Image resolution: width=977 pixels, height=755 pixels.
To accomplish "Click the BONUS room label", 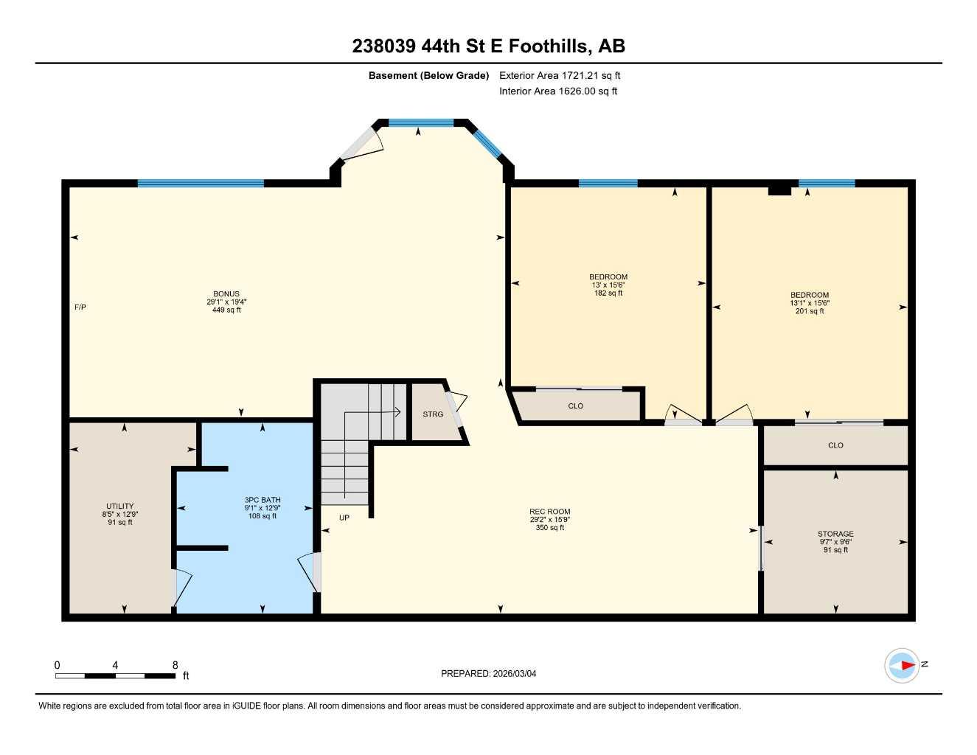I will click(x=226, y=294).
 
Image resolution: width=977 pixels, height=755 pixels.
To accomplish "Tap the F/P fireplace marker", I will click(x=80, y=307).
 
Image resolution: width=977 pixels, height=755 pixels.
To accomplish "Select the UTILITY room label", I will click(x=120, y=507).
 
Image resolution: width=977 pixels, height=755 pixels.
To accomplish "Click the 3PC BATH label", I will click(x=262, y=500).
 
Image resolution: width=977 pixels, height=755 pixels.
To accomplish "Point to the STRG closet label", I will click(x=433, y=414).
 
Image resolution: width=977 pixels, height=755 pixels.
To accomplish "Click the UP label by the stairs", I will click(x=344, y=518).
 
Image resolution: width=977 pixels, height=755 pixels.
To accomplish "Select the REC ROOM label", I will click(x=550, y=512).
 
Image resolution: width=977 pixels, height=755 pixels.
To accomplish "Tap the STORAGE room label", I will click(x=835, y=534).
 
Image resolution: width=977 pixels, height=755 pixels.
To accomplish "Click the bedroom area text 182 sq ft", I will click(x=608, y=293).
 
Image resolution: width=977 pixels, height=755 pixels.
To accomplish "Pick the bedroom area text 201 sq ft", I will click(x=810, y=311).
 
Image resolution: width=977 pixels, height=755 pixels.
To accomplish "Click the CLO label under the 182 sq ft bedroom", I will click(x=576, y=406).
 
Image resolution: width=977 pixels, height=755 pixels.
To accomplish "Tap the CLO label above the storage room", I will click(x=835, y=445).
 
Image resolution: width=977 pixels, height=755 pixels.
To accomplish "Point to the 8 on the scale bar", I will click(x=175, y=665).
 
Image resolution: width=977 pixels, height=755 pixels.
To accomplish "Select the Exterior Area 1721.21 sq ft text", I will click(x=560, y=75).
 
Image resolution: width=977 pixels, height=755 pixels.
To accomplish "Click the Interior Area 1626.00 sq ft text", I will click(x=558, y=91).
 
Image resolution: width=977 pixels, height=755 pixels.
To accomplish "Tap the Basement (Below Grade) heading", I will click(x=428, y=75).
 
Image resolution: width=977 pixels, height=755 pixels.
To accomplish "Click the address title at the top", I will click(x=488, y=46).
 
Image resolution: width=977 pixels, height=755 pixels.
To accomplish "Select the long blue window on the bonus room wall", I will click(x=201, y=184).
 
